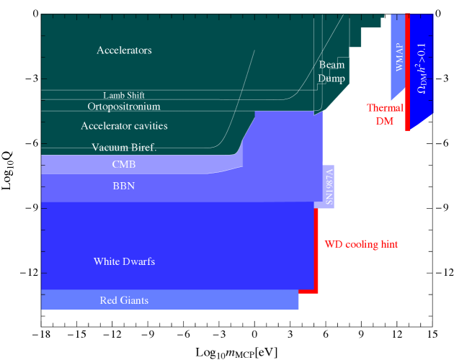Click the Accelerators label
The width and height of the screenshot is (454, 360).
[x=124, y=50]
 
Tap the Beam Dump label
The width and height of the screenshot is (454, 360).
[x=331, y=71]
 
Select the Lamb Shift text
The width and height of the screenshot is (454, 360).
[x=124, y=95]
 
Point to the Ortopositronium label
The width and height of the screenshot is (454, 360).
[x=124, y=107]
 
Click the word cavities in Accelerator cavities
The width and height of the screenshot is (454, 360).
[x=148, y=126]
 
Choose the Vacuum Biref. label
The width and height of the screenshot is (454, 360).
[x=124, y=148]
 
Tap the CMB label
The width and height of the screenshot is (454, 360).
[x=124, y=164]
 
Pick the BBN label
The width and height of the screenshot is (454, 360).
[x=124, y=186]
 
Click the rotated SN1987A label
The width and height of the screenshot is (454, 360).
[x=329, y=186]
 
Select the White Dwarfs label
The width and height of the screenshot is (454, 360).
[x=124, y=261]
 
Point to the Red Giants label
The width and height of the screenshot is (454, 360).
[x=124, y=300]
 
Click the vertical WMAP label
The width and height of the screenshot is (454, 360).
[x=399, y=57]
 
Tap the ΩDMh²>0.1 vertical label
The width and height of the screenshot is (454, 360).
[x=422, y=68]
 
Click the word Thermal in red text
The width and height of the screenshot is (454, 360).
[x=385, y=108]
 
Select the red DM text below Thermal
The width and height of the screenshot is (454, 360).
[x=385, y=121]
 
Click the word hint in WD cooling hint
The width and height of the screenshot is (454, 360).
[x=386, y=244]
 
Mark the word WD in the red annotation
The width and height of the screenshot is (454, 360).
[x=333, y=244]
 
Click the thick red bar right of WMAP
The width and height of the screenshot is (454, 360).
[x=407, y=72]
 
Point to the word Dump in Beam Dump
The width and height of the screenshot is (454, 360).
[x=331, y=78]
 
